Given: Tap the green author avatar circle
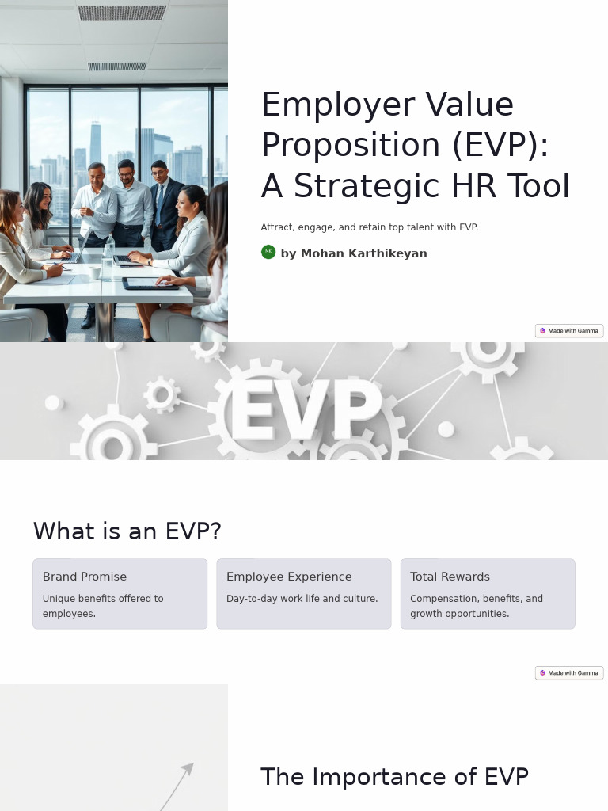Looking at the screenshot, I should (268, 252).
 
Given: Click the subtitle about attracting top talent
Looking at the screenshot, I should (369, 227).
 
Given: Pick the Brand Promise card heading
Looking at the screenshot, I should (85, 577).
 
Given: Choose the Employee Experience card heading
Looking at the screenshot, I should (289, 577).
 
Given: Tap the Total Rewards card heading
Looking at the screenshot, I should (450, 577).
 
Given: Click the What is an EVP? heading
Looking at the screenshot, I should (127, 531).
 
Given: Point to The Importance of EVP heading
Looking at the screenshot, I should (394, 777).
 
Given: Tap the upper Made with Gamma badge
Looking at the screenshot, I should (569, 331).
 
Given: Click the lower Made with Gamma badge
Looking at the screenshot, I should (569, 673).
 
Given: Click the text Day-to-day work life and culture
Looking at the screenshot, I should (302, 599).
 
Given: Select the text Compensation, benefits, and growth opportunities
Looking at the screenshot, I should (476, 606).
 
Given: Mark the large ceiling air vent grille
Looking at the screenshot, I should (122, 13).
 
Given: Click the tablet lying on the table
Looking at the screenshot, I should (150, 283).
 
